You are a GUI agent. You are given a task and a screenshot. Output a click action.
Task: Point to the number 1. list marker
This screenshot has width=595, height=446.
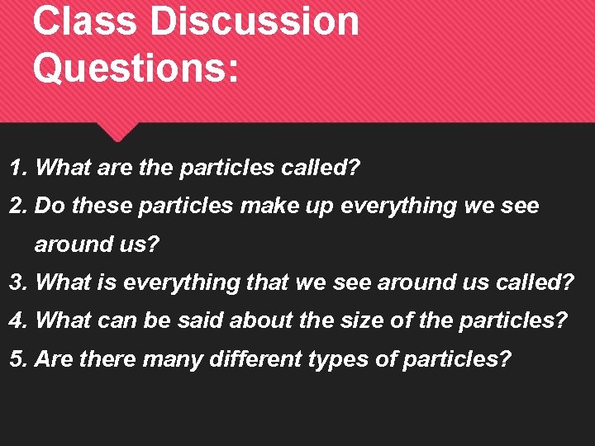point(20,168)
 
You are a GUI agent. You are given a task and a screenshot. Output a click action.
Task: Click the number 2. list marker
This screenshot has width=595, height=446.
point(20,206)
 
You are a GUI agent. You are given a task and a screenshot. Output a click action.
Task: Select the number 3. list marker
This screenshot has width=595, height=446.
point(20,282)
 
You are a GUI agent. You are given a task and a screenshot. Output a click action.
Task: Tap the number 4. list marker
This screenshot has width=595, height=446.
point(20,320)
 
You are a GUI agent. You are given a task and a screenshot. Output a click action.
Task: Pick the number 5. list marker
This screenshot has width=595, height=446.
point(20,359)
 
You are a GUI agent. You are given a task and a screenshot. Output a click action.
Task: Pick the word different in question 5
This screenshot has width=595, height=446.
point(258,359)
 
